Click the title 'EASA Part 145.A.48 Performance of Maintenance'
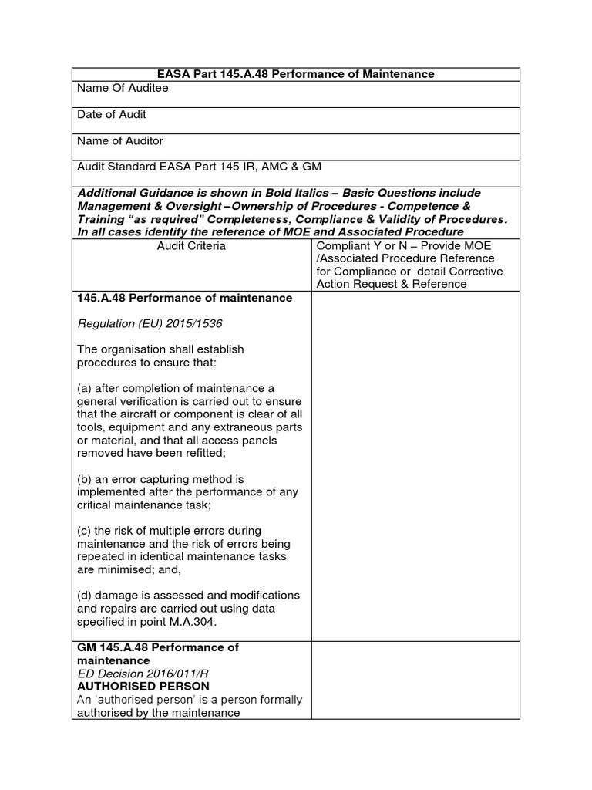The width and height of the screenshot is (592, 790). pyautogui.click(x=296, y=74)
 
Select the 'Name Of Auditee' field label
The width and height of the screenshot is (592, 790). pyautogui.click(x=123, y=88)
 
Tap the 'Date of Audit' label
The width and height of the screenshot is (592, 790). pyautogui.click(x=112, y=114)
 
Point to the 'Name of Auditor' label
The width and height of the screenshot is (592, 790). pyautogui.click(x=120, y=141)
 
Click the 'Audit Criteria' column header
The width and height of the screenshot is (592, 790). pyautogui.click(x=191, y=245)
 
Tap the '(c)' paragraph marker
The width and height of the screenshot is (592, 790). pyautogui.click(x=85, y=532)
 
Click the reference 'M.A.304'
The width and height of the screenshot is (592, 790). pyautogui.click(x=199, y=622)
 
